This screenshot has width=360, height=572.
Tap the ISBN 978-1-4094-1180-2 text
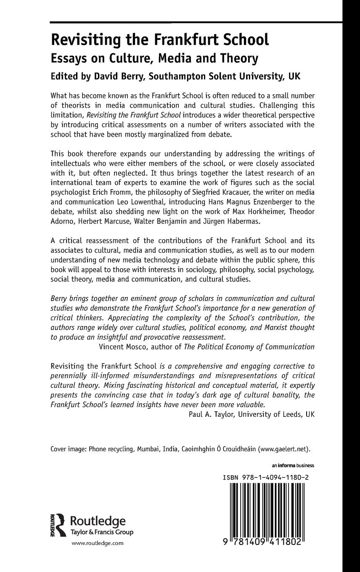(x=267, y=478)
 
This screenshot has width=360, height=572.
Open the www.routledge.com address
(x=98, y=543)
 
